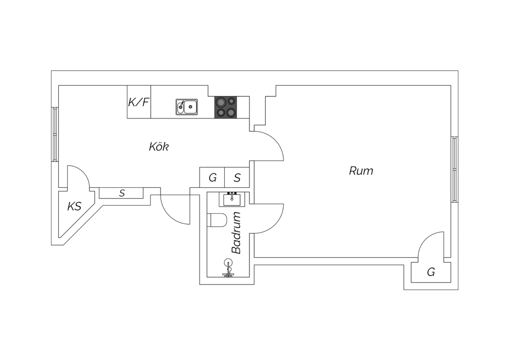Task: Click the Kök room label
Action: coord(159,147)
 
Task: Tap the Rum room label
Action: coord(361,171)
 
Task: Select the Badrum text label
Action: coord(236,233)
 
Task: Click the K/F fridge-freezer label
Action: coord(138,102)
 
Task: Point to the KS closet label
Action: coord(74,206)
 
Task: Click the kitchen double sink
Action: coord(187,107)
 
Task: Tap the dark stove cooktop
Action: coord(226,107)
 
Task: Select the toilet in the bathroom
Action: coord(217,220)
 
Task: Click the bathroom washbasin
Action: coord(232,199)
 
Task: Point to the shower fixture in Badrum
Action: coord(228,268)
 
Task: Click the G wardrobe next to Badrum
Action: coord(212,177)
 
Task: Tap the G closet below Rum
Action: coord(431,272)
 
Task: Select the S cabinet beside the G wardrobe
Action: coord(237,177)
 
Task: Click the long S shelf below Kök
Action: coord(121,193)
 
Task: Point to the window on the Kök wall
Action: coord(55,134)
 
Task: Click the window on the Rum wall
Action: coord(454,169)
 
